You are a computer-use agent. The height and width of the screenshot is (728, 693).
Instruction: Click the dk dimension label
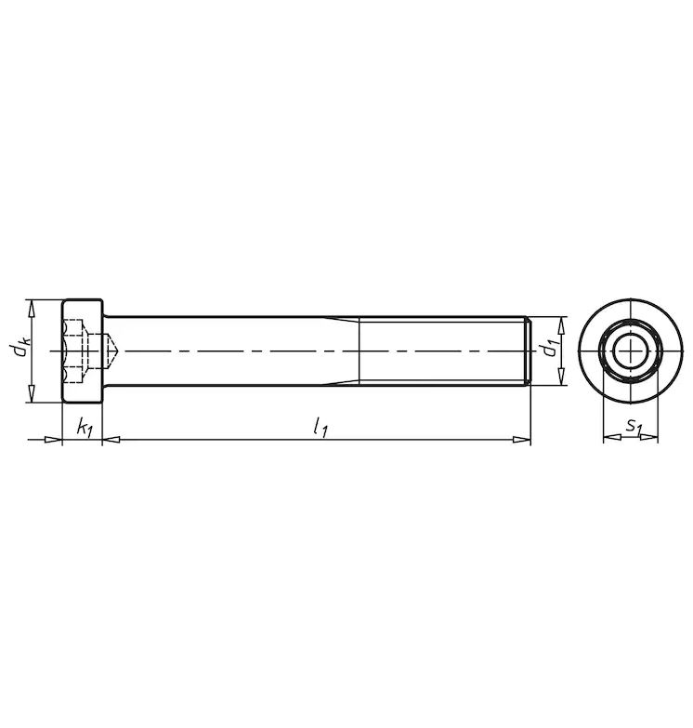click(x=21, y=348)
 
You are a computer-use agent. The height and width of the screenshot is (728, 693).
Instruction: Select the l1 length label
click(x=320, y=427)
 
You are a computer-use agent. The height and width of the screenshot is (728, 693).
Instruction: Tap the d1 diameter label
click(x=552, y=349)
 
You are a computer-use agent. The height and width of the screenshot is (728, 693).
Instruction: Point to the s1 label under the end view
click(x=633, y=425)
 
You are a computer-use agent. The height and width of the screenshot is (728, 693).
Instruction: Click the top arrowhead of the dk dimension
click(x=32, y=309)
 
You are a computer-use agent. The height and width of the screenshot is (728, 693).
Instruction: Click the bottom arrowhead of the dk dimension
click(x=32, y=393)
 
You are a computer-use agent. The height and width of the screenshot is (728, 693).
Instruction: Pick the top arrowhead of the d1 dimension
click(x=561, y=326)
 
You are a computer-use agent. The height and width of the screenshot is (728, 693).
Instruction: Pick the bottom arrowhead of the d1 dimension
click(x=561, y=377)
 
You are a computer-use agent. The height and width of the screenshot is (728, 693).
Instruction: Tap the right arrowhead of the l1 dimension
click(x=521, y=439)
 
